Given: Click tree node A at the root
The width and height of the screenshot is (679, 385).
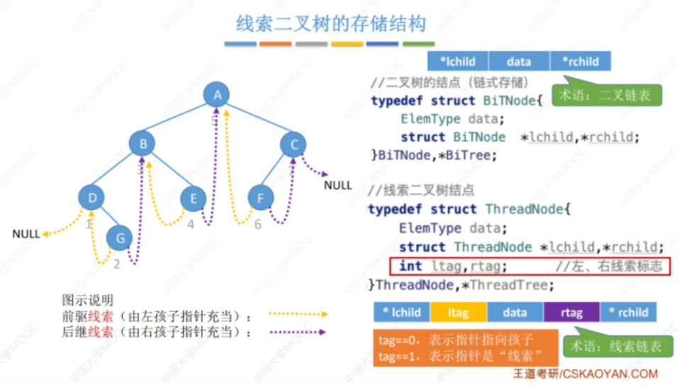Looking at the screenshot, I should point(217,95).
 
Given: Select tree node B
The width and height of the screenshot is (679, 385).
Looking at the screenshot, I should point(142,145).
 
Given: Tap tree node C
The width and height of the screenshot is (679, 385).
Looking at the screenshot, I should point(293,145).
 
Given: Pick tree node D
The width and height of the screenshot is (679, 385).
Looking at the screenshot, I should point(91,196).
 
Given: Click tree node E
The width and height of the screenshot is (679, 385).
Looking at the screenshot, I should point(193,199).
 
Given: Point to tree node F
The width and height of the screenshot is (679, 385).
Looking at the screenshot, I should point(261,199).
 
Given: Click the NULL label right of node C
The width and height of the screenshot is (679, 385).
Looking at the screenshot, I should point(338,186).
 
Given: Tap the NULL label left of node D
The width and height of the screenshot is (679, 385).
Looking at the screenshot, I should point(26,234).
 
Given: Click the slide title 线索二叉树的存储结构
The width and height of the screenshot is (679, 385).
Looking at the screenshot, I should point(331,24).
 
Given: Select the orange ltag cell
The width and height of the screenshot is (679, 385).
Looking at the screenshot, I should point(457,312).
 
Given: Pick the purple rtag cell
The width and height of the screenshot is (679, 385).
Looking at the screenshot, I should point(571,312).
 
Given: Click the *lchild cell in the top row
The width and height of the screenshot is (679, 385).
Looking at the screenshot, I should point(458,62).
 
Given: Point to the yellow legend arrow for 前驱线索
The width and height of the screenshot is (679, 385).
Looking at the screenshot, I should point(298,313).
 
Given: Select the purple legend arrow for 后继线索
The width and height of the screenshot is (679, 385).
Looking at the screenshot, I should point(298,331).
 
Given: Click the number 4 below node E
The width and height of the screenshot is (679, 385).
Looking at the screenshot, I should point(190,225).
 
